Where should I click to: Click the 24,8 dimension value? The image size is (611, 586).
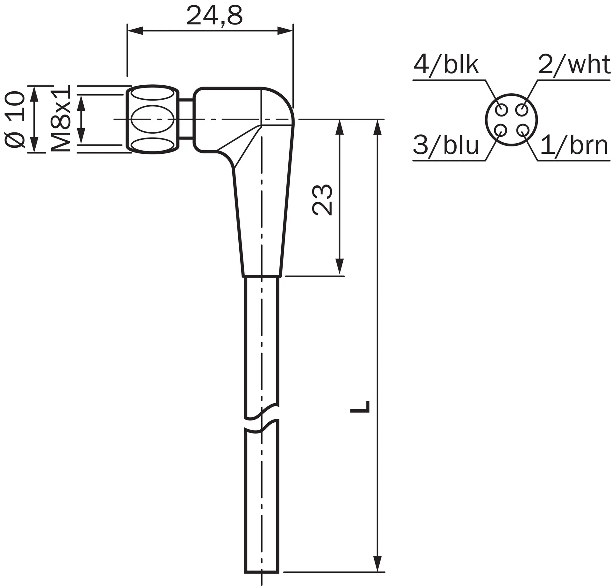pos(214,16)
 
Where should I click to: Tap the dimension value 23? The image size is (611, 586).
pos(322,200)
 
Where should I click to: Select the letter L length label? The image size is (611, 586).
pos(360,406)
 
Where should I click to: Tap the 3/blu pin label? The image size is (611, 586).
pos(446,145)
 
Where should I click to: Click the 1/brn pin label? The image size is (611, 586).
pos(574,145)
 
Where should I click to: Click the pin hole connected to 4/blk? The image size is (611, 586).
pos(502,110)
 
